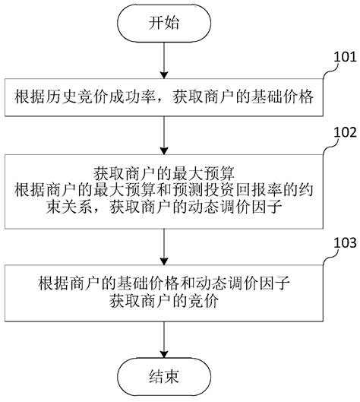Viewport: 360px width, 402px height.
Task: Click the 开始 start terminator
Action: tap(165, 22)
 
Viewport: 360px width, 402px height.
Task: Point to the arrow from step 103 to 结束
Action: tap(165, 336)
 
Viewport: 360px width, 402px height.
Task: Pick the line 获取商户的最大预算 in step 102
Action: tap(165, 172)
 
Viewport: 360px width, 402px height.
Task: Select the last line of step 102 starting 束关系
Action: tap(165, 207)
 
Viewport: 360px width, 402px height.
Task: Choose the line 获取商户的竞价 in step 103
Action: tap(165, 299)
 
